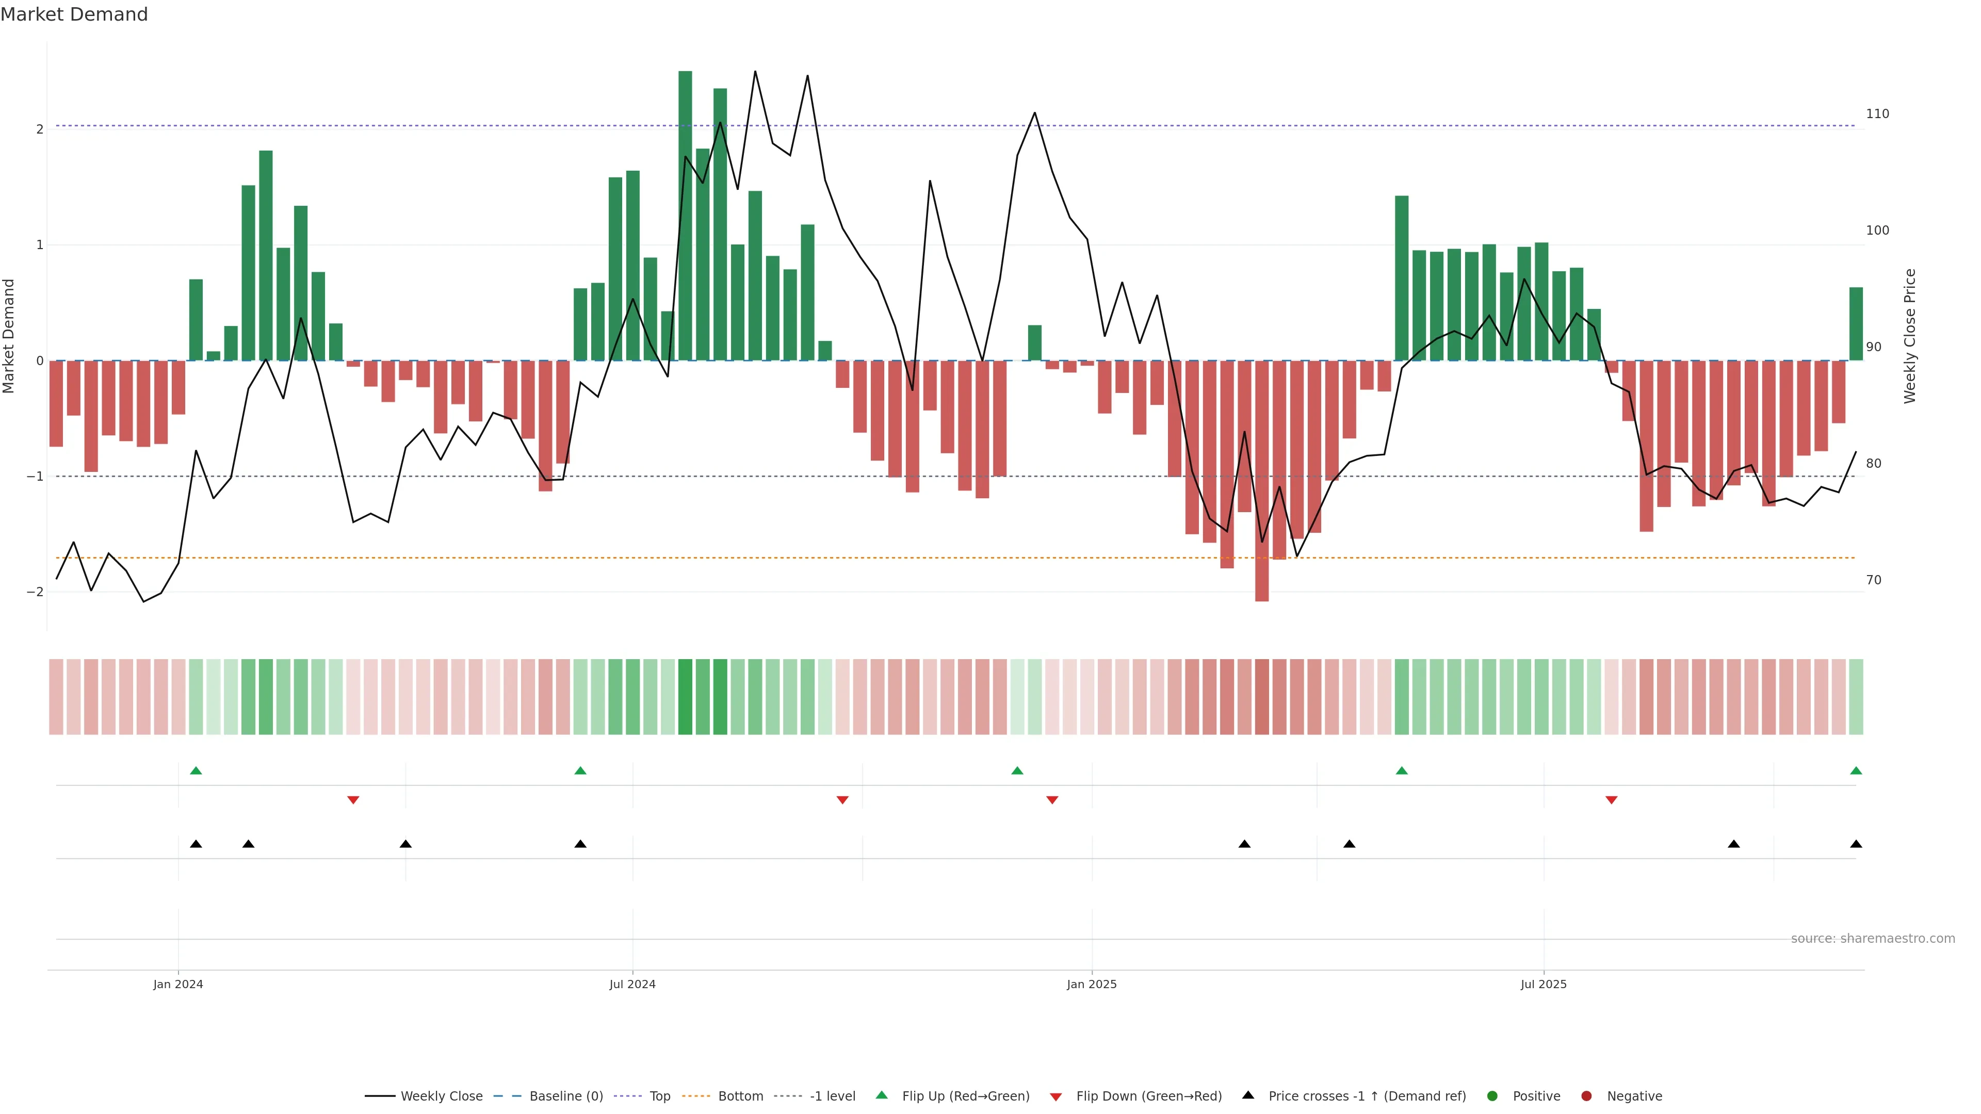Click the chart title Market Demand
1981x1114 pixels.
tap(74, 14)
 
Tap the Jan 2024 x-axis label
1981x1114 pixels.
tap(177, 984)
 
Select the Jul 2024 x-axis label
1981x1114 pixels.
tap(632, 984)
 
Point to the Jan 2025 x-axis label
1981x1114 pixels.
tap(1091, 984)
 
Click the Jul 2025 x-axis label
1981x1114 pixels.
tap(1542, 984)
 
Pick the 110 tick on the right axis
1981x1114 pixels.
tap(1877, 114)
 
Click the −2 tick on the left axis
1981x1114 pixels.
tap(35, 592)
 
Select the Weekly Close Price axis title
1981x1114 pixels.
tap(1910, 336)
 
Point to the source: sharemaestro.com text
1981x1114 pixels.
tap(1873, 939)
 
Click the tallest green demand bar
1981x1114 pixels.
tap(685, 215)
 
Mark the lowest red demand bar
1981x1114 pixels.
tap(1262, 481)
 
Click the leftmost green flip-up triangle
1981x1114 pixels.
tap(196, 771)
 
